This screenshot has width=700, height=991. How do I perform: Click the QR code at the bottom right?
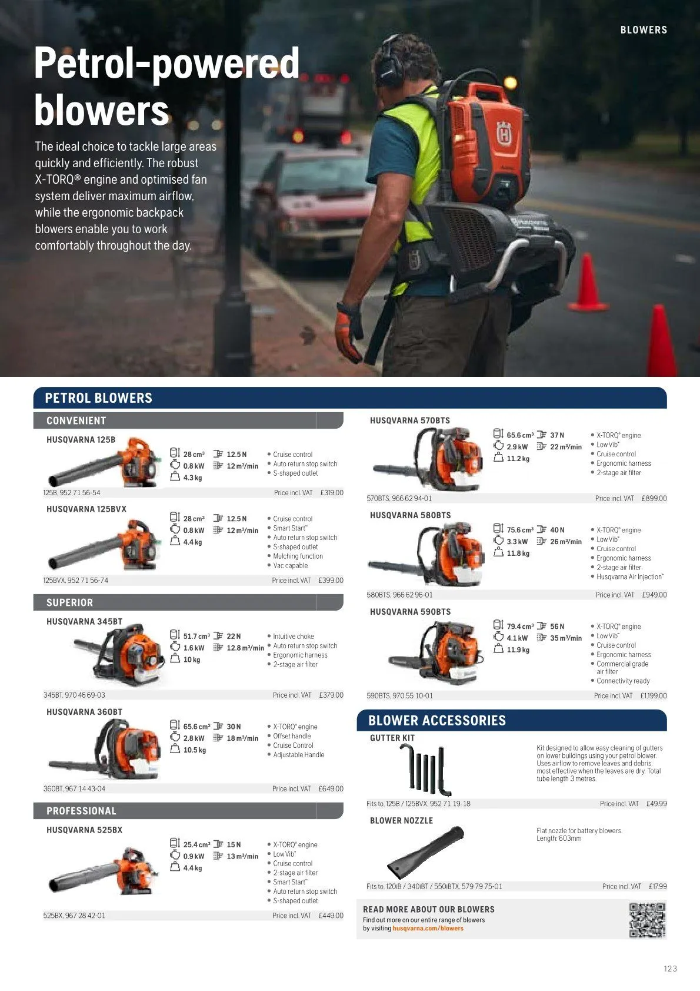[x=648, y=920]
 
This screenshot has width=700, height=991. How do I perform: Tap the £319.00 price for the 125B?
[x=332, y=492]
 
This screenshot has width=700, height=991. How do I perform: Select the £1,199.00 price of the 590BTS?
[x=654, y=695]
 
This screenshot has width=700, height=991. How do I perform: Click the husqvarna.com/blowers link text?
[x=428, y=928]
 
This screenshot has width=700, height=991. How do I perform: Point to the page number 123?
[x=671, y=969]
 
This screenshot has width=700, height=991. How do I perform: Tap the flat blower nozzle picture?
[x=425, y=851]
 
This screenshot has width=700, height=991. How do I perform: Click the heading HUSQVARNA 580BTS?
[x=411, y=515]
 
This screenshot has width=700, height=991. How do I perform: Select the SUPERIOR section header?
[x=70, y=602]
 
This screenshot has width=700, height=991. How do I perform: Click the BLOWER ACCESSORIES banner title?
[x=437, y=720]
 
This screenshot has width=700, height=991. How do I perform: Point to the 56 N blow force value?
[x=557, y=627]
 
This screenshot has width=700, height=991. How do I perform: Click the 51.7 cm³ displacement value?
[x=196, y=636]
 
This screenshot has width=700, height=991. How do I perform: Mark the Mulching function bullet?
[x=298, y=556]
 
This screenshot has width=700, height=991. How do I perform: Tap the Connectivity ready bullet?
[x=623, y=681]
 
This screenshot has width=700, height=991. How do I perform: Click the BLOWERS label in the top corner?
[x=644, y=30]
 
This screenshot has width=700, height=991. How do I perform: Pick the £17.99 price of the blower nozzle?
[x=658, y=886]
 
